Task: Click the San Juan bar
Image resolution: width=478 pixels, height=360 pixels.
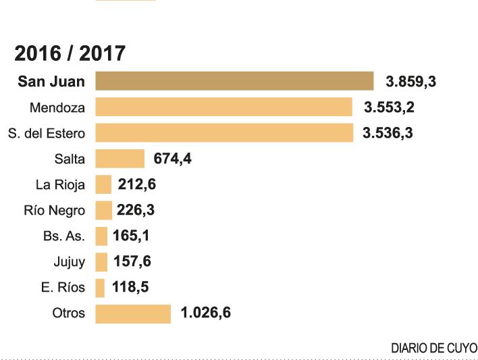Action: pyautogui.click(x=234, y=81)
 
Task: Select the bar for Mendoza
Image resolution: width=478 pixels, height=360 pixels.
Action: pyautogui.click(x=223, y=107)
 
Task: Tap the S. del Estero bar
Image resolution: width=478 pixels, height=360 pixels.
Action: pyautogui.click(x=224, y=132)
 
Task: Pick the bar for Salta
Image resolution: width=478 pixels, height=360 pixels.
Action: pyautogui.click(x=120, y=159)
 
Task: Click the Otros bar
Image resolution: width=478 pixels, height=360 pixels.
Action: pyautogui.click(x=133, y=313)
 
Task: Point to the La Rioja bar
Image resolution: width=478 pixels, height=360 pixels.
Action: pyautogui.click(x=103, y=184)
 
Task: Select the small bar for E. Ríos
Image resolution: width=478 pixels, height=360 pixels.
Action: pyautogui.click(x=101, y=288)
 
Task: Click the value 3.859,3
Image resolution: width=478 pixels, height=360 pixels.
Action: pyautogui.click(x=411, y=82)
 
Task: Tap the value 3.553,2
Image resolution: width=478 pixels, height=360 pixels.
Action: pyautogui.click(x=389, y=107)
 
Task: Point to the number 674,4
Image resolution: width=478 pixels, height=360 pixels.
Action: pyautogui.click(x=173, y=159)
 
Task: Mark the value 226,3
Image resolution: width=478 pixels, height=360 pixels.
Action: pyautogui.click(x=136, y=210)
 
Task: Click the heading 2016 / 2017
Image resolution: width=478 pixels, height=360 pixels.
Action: pyautogui.click(x=70, y=53)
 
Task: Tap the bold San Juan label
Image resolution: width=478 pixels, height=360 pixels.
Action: pyautogui.click(x=52, y=82)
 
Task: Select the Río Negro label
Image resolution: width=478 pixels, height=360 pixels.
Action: pyautogui.click(x=55, y=210)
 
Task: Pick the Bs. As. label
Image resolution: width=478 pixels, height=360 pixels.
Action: pyautogui.click(x=64, y=236)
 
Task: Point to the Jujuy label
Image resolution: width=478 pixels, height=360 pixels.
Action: pyautogui.click(x=70, y=262)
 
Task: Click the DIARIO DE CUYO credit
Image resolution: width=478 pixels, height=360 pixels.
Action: pyautogui.click(x=434, y=348)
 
